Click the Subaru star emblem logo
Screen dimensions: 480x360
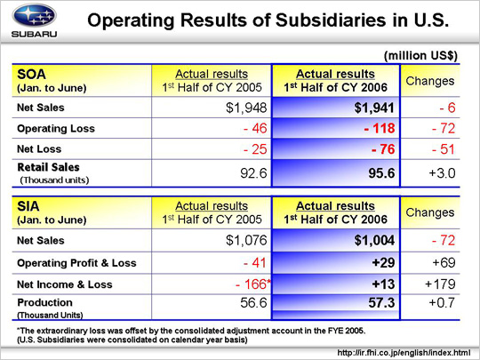34,15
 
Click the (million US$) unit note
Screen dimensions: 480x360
420,56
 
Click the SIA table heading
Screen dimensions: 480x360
28,206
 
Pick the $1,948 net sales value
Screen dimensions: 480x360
246,108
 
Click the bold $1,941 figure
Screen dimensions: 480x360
374,108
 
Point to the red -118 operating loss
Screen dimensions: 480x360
380,128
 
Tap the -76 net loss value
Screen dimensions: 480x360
383,149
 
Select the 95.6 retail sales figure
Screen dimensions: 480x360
381,173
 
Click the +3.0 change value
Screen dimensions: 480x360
442,173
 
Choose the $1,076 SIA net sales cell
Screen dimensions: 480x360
246,240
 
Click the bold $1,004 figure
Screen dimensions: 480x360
374,240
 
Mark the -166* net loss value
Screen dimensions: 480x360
253,284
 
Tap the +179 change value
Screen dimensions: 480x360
440,284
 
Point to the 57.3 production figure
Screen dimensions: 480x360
381,303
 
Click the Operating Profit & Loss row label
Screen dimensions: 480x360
76,263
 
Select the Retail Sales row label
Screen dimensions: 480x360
48,167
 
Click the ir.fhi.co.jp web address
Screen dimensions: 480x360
404,353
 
